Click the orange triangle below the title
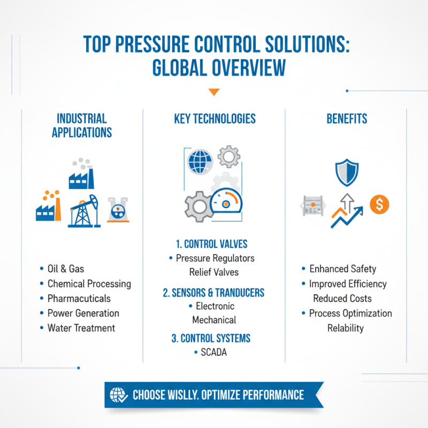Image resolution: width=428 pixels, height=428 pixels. pos(214,92)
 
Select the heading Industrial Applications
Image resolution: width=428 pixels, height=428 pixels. pos(82,125)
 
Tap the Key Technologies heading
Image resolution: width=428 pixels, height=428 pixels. pos(215,118)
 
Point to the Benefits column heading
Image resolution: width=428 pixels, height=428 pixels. pos(347,118)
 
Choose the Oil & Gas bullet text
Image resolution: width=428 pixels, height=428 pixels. pos(65,269)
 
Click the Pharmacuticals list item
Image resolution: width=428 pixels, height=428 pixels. pos(79,298)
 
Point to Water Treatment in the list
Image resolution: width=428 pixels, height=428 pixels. pos(81,327)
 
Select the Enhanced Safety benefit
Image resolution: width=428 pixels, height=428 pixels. pos(343,269)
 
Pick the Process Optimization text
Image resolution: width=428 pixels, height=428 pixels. pos(350,313)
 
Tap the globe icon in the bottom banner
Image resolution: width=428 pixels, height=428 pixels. pos(117,395)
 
